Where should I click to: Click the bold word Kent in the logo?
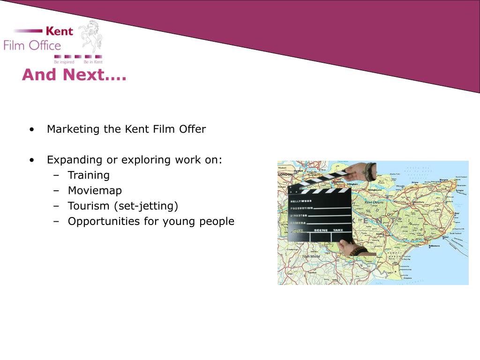click(60, 31)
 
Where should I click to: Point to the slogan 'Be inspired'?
click(64, 62)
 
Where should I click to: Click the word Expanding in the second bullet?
click(75, 160)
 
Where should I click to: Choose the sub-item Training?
click(89, 175)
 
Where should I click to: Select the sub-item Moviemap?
click(95, 191)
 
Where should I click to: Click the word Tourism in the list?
click(86, 206)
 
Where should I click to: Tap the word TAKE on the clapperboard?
click(338, 231)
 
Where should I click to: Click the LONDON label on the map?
click(285, 174)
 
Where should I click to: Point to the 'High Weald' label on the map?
click(311, 256)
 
